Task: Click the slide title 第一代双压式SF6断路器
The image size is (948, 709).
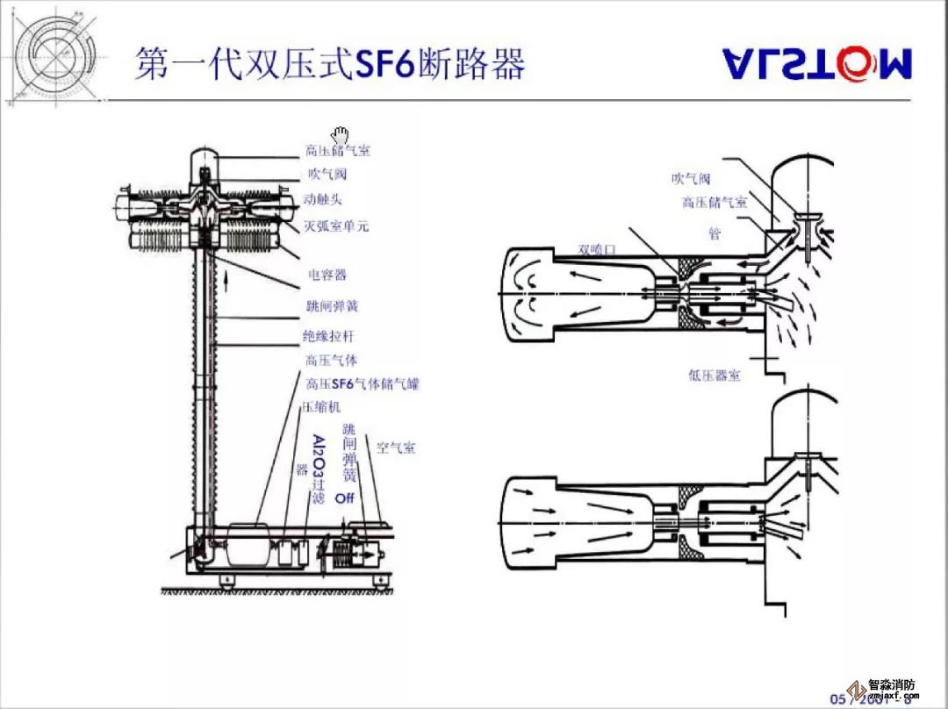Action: (330, 64)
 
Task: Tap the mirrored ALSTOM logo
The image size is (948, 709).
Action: (817, 62)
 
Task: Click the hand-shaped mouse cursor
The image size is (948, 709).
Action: (340, 134)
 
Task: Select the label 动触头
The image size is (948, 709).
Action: (324, 200)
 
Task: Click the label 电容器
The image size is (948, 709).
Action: (327, 276)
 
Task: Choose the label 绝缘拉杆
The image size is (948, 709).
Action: (330, 336)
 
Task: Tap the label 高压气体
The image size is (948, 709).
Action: (331, 361)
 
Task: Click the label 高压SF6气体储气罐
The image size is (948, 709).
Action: (362, 384)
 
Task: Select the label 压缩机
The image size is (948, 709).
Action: (321, 407)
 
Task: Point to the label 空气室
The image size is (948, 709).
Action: (396, 448)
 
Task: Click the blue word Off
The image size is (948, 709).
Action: (344, 498)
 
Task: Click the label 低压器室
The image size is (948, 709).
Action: (715, 376)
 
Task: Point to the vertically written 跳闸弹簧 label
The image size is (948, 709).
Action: (349, 453)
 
